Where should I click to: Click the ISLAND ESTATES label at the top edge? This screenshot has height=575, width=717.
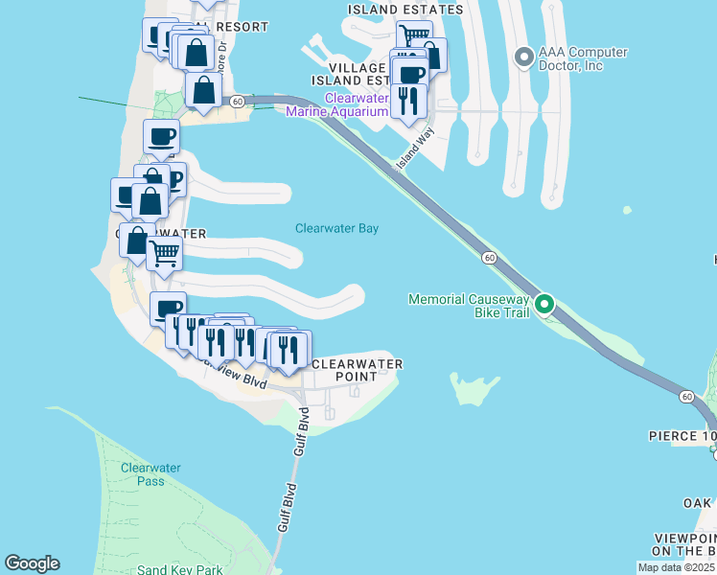[405, 10]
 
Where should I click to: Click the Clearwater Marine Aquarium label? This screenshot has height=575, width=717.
[356, 104]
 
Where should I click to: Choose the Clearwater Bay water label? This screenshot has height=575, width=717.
[336, 229]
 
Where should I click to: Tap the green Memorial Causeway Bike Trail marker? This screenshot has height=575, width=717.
[544, 306]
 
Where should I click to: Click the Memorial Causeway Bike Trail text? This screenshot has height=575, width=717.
[468, 306]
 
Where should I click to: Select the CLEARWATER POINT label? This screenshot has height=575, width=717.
[358, 371]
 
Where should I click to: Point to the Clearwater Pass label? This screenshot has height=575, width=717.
[143, 474]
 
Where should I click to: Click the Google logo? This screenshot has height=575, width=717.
[32, 563]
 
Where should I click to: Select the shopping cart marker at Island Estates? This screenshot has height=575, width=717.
[413, 37]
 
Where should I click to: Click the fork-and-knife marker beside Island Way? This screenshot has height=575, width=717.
[409, 100]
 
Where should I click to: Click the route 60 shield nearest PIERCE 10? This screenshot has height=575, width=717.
[686, 396]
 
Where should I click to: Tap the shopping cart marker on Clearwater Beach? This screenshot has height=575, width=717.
[165, 254]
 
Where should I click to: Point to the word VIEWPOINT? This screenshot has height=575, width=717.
[683, 538]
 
